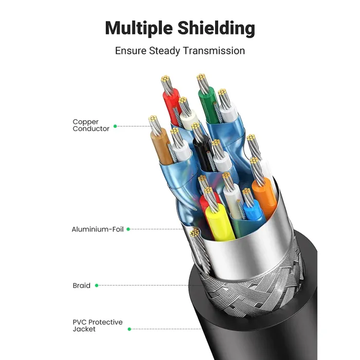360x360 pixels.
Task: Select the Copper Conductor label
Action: tap(91, 125)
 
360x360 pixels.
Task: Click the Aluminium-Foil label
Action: tap(98, 229)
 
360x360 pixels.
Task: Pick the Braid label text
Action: tap(81, 285)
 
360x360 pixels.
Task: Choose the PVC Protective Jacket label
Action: tap(98, 326)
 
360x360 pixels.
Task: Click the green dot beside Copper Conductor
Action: tap(115, 127)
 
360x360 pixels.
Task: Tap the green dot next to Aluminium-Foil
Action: tap(129, 229)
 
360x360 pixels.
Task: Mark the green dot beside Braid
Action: tap(97, 285)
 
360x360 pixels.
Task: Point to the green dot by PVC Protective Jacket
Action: tap(129, 329)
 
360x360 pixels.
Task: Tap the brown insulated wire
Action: tap(161, 147)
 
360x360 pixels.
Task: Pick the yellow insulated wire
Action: tap(219, 222)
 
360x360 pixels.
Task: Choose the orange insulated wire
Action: tap(264, 197)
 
